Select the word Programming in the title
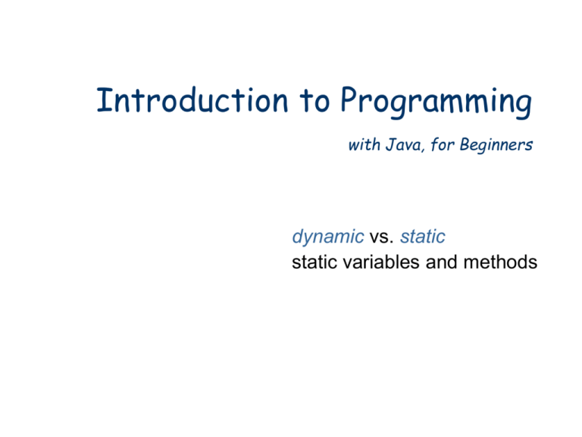pyautogui.click(x=435, y=105)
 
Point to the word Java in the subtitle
pyautogui.click(x=402, y=145)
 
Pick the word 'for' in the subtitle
pyautogui.click(x=440, y=145)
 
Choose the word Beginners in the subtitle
pyautogui.click(x=493, y=146)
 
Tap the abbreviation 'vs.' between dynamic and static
pyautogui.click(x=378, y=237)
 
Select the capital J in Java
pyautogui.click(x=389, y=145)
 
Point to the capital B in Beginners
pyautogui.click(x=462, y=145)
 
